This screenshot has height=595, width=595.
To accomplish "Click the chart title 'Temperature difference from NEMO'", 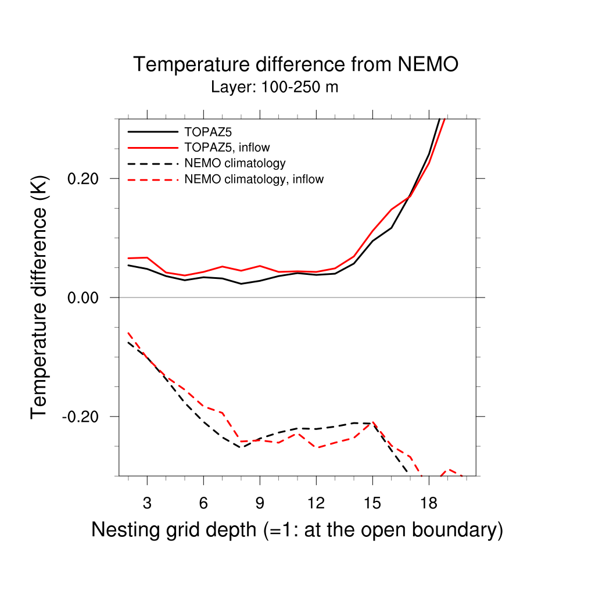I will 296,64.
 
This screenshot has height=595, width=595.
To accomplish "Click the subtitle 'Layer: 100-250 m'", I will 274,88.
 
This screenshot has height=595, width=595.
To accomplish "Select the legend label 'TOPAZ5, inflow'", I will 227,147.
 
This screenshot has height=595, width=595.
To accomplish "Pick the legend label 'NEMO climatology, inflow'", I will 254,180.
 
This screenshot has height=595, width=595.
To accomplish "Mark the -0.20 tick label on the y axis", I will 84,417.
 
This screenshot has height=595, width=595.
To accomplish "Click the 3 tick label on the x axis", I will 147,503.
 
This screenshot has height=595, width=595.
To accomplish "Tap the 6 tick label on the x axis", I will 203,503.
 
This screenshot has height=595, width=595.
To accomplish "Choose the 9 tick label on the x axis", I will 260,503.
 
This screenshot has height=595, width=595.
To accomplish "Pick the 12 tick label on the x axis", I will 316,503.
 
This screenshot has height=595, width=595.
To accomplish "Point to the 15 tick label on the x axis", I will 372,503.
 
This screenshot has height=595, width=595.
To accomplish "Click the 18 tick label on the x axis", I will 428,503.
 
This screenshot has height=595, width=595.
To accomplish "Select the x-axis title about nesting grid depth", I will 296,530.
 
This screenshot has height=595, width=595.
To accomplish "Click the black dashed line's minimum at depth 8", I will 241,447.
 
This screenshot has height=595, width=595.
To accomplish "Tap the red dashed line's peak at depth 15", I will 372,422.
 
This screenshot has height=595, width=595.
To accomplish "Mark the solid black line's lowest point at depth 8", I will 241,284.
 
